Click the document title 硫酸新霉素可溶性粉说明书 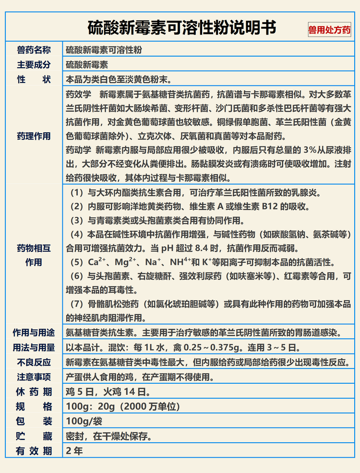coord(182,27)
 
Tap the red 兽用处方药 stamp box coord(329,30)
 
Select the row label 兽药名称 coord(34,50)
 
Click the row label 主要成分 coord(34,65)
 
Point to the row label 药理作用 coord(34,136)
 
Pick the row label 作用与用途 coord(34,332)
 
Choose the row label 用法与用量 coord(34,347)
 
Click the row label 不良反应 coord(34,362)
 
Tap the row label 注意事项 coord(34,377)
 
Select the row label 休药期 coord(34,392)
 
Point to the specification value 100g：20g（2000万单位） coord(122,407)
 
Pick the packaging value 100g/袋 coord(84,422)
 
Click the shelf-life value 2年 coord(74,451)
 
